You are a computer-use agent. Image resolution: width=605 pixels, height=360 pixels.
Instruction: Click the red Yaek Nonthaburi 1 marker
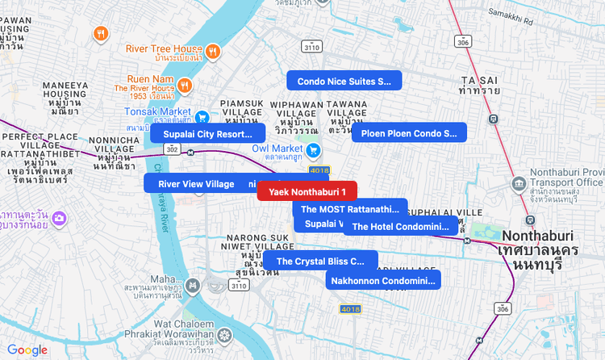pyautogui.click(x=307, y=191)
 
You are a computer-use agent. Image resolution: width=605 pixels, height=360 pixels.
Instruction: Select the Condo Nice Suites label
pyautogui.click(x=344, y=81)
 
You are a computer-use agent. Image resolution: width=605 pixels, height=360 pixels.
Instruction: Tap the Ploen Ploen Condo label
pyautogui.click(x=408, y=133)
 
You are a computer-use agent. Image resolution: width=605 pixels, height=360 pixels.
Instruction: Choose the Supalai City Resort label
pyautogui.click(x=207, y=133)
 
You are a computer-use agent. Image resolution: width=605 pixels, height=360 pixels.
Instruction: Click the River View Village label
pyautogui.click(x=196, y=184)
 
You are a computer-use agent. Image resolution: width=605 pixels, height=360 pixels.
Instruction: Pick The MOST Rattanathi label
pyautogui.click(x=350, y=209)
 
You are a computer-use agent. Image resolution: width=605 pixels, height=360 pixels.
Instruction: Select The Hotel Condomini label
pyautogui.click(x=399, y=227)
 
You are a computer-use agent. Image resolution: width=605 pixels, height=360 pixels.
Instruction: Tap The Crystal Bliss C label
pyautogui.click(x=320, y=261)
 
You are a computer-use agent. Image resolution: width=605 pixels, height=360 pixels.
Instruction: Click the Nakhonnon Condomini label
pyautogui.click(x=383, y=280)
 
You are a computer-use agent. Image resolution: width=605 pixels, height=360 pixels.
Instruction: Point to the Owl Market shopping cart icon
pyautogui.click(x=313, y=149)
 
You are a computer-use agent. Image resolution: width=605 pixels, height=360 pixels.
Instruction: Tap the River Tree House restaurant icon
pyautogui.click(x=213, y=52)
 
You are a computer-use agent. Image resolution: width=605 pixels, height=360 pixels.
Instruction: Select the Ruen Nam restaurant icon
pyautogui.click(x=185, y=85)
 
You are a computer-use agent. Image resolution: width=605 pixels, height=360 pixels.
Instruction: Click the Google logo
pyautogui.click(x=27, y=350)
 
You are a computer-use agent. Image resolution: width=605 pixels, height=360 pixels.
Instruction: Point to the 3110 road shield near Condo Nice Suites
pyautogui.click(x=313, y=48)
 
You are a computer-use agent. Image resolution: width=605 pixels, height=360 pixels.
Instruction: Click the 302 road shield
pyautogui.click(x=171, y=149)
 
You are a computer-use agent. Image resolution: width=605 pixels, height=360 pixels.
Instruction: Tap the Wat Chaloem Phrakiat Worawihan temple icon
pyautogui.click(x=224, y=335)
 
